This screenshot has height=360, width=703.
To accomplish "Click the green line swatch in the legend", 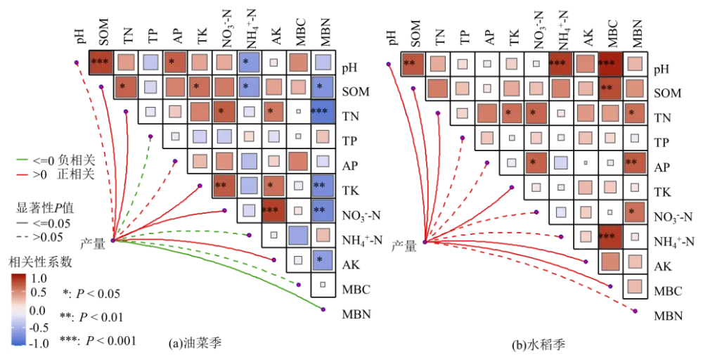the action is click(x=20, y=160).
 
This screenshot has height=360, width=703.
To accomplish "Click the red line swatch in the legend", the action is click(x=20, y=174).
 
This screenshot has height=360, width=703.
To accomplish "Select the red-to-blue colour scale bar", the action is click(x=19, y=309).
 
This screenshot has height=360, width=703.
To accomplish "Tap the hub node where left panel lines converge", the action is click(x=112, y=240).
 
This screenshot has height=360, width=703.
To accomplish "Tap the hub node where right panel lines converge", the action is click(x=425, y=241).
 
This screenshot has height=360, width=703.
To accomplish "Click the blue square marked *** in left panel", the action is click(x=322, y=112).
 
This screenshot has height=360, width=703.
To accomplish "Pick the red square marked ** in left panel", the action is click(x=224, y=186).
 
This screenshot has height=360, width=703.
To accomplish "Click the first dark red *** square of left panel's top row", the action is click(x=101, y=62).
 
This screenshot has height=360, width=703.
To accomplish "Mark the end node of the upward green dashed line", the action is click(x=150, y=136).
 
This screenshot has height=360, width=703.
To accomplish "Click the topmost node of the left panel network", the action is click(x=77, y=63).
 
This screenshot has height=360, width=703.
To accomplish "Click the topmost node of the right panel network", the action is click(x=388, y=64).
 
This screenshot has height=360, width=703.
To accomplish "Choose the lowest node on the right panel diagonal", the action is click(x=635, y=311).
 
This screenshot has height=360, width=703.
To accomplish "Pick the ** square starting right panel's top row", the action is click(x=413, y=63).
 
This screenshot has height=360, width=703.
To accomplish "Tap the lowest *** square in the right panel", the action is click(x=610, y=236).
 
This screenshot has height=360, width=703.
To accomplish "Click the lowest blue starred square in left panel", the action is click(x=322, y=260).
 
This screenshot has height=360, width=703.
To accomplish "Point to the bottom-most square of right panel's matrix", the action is click(x=634, y=287).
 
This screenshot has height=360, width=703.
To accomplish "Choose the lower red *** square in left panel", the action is click(x=273, y=210).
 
